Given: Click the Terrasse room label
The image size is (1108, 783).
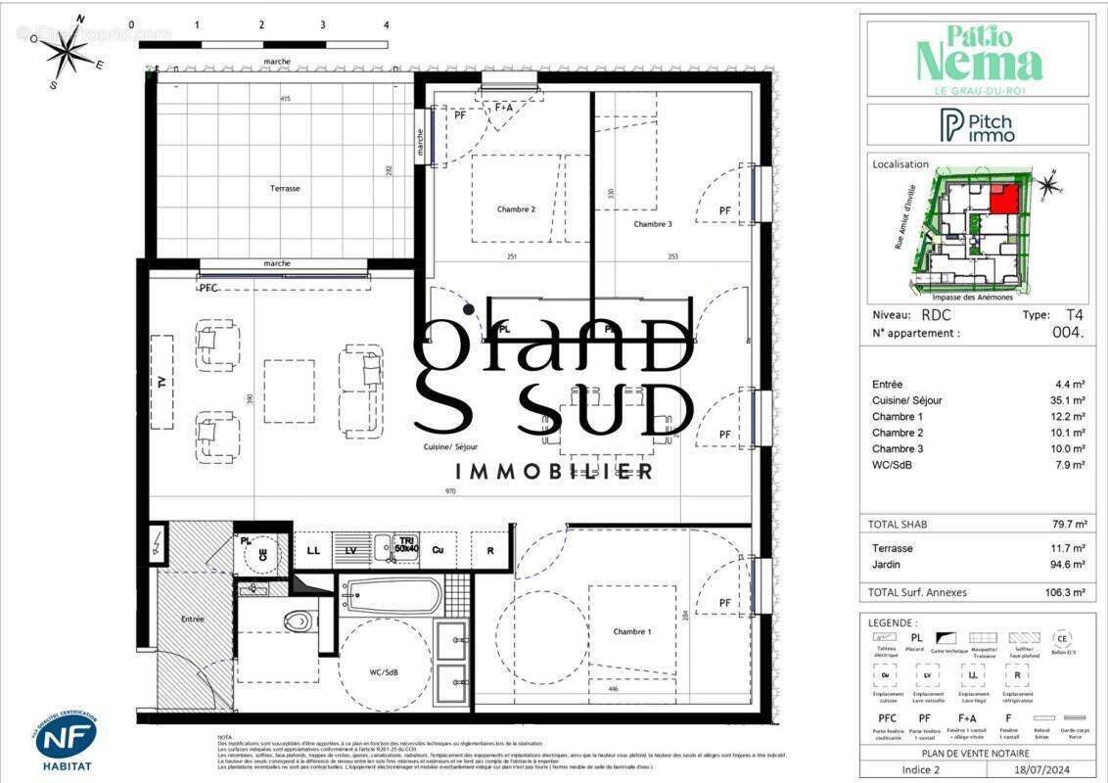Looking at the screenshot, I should point(286,188).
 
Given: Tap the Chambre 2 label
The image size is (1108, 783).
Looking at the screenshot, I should point(516,208).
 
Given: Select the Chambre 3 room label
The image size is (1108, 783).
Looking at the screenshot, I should point(653,224).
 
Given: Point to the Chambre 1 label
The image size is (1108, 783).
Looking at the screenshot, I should point(631,631).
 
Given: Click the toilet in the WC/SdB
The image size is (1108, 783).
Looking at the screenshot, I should point(297,621).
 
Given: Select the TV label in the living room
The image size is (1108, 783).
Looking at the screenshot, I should point(162,382).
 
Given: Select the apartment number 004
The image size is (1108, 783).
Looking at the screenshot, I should point(1070,333).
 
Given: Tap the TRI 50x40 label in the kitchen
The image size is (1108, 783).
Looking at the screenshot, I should point(405,545).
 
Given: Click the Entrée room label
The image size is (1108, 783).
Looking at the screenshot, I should point(193,619).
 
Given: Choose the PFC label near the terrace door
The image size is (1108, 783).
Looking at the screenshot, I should point(208,289).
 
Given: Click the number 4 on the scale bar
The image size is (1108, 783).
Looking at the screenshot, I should point(386,24).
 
